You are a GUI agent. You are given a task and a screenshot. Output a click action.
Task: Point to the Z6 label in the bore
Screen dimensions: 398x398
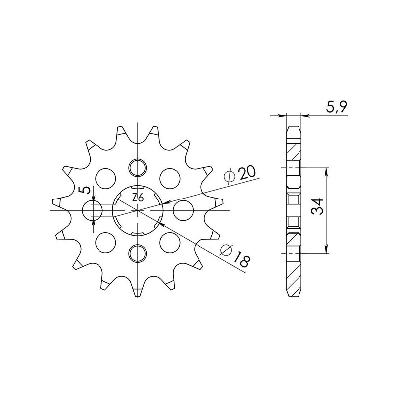coord(138,198)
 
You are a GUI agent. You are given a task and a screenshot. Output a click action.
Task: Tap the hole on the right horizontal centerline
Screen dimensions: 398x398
coord(182,210)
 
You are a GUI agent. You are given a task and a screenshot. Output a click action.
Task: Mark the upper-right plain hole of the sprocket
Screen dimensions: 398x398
coord(169,176)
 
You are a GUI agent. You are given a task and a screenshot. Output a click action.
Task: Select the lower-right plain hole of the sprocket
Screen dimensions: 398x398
coord(169,242)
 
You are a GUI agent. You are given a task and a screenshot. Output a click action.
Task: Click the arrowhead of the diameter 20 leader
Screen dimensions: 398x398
coord(165,203)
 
